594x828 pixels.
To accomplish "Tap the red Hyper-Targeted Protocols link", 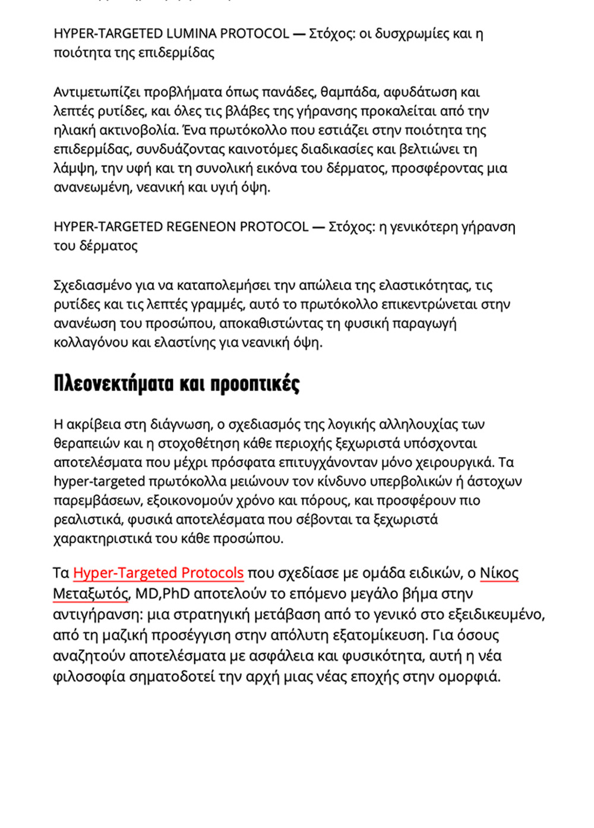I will tap(158, 573).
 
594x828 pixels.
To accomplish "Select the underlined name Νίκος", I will tap(499, 573).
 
